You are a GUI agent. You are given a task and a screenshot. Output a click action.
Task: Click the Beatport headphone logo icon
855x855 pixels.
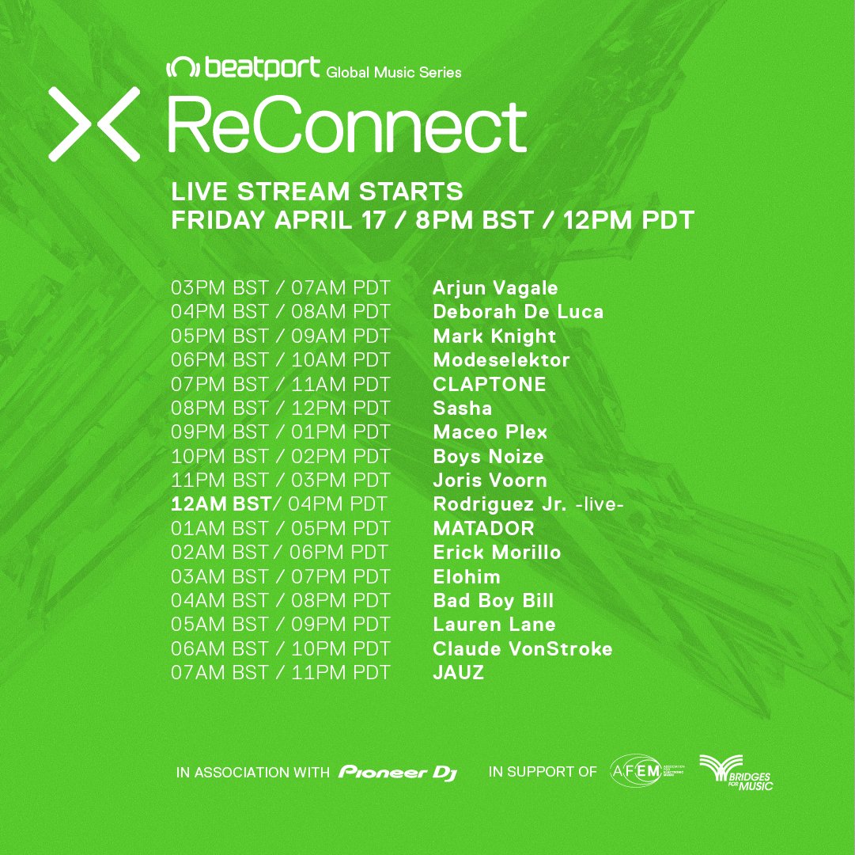pyautogui.click(x=183, y=67)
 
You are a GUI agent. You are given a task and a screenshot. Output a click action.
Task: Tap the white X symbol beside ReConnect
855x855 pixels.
pyautogui.click(x=94, y=123)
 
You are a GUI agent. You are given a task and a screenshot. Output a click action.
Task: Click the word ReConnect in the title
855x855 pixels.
pyautogui.click(x=347, y=126)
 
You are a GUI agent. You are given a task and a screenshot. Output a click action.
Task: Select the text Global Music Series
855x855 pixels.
pyautogui.click(x=394, y=72)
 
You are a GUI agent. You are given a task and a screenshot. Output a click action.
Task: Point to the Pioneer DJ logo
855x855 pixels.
pyautogui.click(x=398, y=772)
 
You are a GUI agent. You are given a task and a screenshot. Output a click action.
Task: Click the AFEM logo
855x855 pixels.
pyautogui.click(x=647, y=771)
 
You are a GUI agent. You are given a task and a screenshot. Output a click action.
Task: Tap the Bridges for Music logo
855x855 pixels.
pyautogui.click(x=736, y=772)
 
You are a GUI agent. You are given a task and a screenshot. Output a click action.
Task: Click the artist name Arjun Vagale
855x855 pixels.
pyautogui.click(x=495, y=287)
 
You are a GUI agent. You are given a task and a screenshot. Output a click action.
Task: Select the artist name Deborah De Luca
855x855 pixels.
pyautogui.click(x=518, y=312)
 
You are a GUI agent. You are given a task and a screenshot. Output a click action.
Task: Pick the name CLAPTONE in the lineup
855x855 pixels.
pyautogui.click(x=489, y=384)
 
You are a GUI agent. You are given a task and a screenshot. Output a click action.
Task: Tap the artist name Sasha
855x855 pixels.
pyautogui.click(x=463, y=408)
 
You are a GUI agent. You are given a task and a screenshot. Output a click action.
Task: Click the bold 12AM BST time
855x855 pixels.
pyautogui.click(x=221, y=503)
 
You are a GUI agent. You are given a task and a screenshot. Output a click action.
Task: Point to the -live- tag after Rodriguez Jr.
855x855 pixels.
pyautogui.click(x=600, y=504)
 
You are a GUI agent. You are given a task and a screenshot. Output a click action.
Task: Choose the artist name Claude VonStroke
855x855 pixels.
pyautogui.click(x=522, y=648)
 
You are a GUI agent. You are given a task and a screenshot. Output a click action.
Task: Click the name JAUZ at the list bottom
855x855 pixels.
pyautogui.click(x=458, y=672)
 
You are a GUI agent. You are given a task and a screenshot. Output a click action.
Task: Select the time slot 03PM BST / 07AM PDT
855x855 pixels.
pyautogui.click(x=280, y=287)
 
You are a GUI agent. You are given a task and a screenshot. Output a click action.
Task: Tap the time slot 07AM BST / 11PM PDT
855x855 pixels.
pyautogui.click(x=280, y=672)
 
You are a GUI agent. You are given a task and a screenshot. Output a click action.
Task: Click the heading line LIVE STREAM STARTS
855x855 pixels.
pyautogui.click(x=317, y=192)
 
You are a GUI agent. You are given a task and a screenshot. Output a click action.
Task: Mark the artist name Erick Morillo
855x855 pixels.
pyautogui.click(x=497, y=552)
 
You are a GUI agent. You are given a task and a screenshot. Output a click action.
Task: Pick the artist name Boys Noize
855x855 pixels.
pyautogui.click(x=488, y=456)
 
